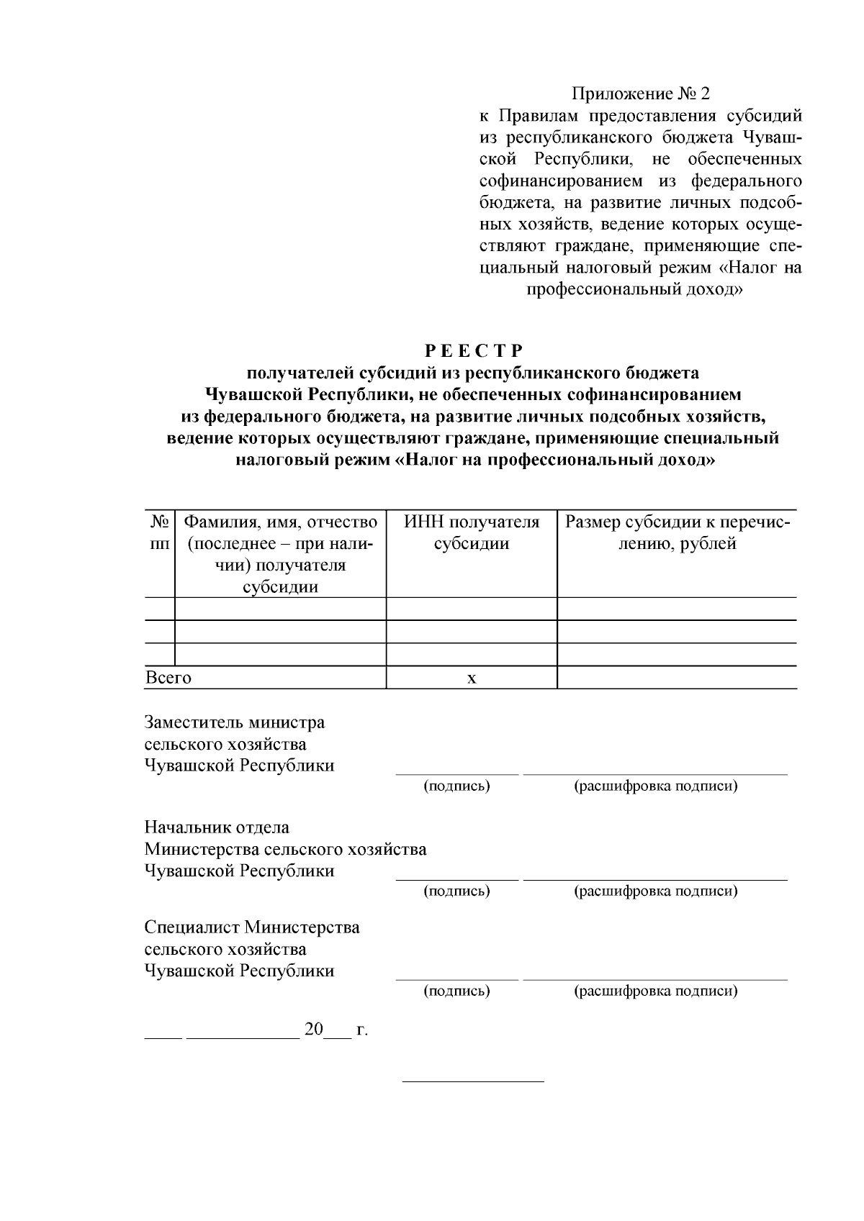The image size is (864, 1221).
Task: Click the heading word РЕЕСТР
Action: (472, 351)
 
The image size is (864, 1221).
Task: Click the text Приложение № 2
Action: (640, 94)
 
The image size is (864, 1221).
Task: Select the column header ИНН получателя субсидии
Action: (472, 533)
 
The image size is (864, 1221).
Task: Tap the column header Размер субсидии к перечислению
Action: (677, 533)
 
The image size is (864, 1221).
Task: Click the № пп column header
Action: (160, 533)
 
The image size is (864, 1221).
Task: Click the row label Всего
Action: (168, 678)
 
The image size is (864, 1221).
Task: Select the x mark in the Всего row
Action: (472, 678)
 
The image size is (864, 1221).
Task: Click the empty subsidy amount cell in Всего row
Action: (677, 678)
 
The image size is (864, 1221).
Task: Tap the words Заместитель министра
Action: (235, 722)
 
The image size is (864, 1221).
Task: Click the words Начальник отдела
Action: (217, 827)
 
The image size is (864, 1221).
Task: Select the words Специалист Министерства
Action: (252, 927)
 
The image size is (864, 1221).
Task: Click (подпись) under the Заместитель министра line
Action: (456, 786)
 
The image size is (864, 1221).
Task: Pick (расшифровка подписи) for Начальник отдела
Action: (655, 891)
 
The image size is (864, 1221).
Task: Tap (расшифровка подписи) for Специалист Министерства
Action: (655, 991)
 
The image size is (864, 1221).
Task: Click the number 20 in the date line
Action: (314, 1029)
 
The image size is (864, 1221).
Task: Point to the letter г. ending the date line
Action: (362, 1030)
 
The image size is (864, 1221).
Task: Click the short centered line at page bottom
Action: (472, 1081)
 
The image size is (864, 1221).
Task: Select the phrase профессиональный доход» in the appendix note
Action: (634, 290)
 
